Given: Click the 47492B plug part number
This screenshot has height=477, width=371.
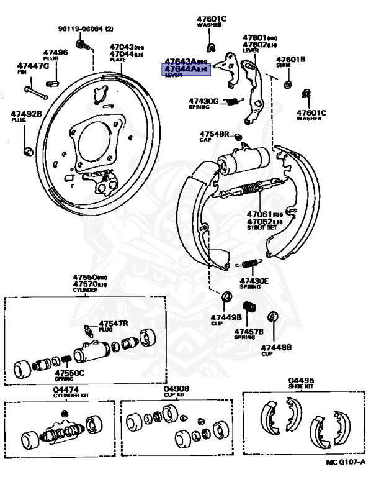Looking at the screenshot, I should [25, 114].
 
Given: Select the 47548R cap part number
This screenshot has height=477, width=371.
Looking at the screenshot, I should [214, 134].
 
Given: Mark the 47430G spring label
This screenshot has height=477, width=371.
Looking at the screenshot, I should [204, 101].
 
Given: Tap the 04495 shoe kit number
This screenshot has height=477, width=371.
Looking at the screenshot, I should [301, 380].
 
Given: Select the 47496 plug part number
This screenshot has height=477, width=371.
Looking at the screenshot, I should [55, 53].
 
